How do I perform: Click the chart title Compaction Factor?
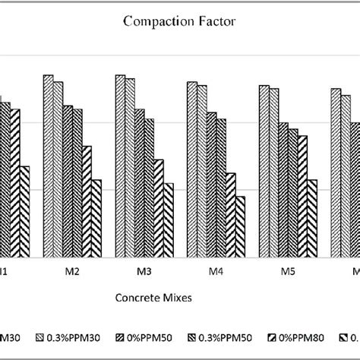[x=179, y=23]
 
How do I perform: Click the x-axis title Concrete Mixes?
[x=152, y=298]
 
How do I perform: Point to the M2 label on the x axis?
[x=72, y=271]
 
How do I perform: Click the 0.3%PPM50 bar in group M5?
[x=292, y=193]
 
